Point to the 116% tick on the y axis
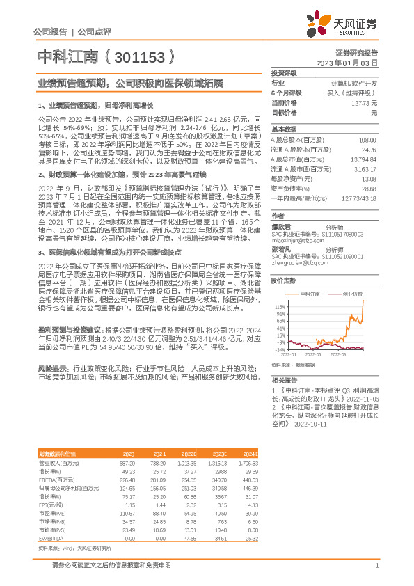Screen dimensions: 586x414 [280, 306]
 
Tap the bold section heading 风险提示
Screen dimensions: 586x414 [51, 367]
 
